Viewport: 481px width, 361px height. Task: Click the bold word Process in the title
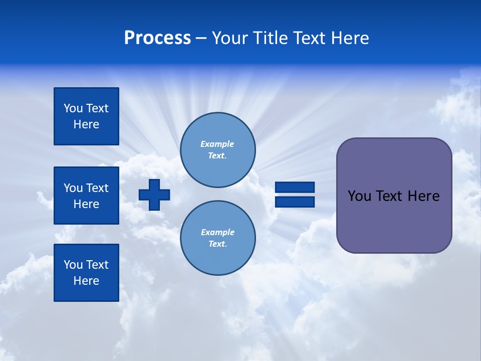[157, 38]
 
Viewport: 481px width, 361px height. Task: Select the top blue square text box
[86, 116]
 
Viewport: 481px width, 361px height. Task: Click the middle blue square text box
[86, 196]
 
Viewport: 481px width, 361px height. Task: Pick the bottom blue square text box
[86, 273]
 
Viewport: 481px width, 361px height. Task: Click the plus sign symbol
[154, 195]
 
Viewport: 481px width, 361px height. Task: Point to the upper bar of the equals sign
[295, 187]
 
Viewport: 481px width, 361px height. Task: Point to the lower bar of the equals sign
[295, 202]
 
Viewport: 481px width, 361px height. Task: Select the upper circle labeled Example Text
[218, 150]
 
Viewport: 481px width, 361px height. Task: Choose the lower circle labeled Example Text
[218, 238]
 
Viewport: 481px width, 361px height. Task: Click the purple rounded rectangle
[394, 221]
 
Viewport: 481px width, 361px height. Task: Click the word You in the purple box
[359, 196]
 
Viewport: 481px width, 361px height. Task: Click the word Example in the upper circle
[217, 144]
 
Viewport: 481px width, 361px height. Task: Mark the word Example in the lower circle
[217, 232]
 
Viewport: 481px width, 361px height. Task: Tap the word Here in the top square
[86, 124]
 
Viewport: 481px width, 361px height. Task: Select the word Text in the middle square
[98, 188]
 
